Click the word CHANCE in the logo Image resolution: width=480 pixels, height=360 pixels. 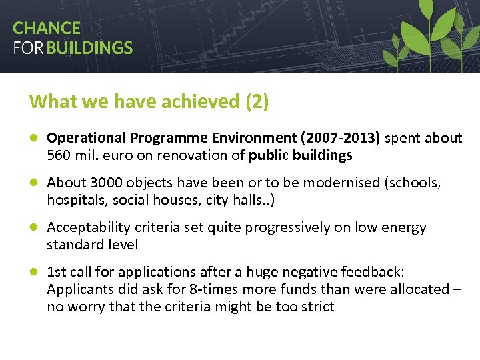click(x=46, y=28)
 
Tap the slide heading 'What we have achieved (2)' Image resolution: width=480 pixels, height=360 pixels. click(x=149, y=101)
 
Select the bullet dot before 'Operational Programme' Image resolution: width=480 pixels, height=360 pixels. click(x=33, y=139)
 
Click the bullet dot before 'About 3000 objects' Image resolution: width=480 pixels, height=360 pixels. click(x=33, y=183)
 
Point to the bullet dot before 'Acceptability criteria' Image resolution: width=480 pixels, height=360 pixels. click(x=33, y=227)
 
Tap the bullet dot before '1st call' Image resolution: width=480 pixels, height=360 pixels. click(x=33, y=272)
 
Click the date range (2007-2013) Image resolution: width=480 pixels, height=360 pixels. click(x=341, y=138)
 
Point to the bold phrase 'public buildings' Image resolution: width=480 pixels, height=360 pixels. click(x=300, y=155)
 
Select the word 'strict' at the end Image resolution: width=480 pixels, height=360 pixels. click(x=317, y=307)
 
